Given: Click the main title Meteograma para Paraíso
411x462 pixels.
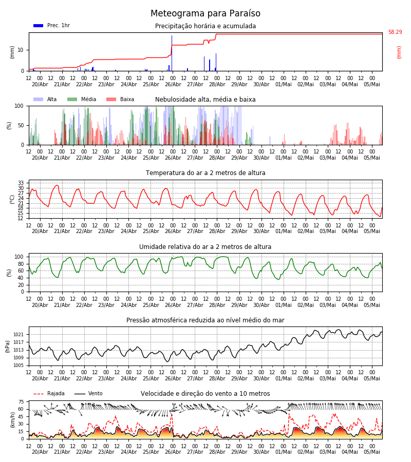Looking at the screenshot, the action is tap(205, 13).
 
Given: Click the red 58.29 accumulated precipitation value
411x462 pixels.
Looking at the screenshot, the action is tap(395, 32).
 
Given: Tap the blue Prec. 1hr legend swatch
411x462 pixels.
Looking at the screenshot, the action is tap(39, 26).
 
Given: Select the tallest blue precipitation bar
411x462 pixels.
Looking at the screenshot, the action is tap(172, 53).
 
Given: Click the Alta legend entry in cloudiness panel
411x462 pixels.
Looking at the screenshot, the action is tap(45, 99).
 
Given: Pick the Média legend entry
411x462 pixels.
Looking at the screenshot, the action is tap(82, 99).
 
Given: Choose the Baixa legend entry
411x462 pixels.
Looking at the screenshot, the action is tap(120, 99).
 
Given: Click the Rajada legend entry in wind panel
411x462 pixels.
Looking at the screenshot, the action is tap(49, 393).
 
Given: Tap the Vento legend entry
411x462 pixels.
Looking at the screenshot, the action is tap(88, 393).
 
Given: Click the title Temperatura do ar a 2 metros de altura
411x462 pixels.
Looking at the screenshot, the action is tap(205, 173).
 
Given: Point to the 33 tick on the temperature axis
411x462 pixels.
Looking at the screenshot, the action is tap(21, 183).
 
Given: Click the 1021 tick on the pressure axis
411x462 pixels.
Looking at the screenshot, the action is tap(18, 335).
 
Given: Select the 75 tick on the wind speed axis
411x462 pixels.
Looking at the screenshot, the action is tap(21, 401).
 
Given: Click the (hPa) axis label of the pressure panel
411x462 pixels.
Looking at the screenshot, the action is tap(7, 346).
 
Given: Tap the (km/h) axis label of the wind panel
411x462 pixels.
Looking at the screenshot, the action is tap(12, 420).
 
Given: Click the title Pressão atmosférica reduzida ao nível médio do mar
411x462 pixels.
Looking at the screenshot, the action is tap(205, 320).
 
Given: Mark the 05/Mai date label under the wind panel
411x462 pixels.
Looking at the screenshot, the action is tap(372, 452).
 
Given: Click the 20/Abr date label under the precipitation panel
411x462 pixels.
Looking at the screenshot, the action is tap(40, 84).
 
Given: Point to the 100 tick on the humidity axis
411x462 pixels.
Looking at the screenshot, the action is tap(19, 257).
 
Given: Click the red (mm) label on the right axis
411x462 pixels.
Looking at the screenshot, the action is tap(399, 52).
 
